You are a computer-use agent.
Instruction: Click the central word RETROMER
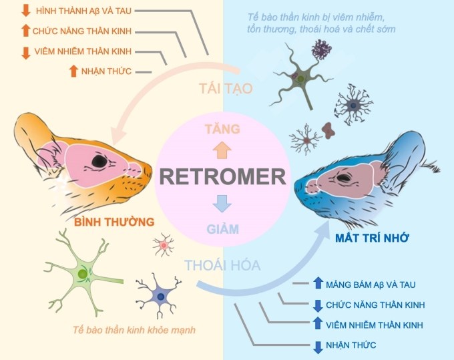pos(224,176)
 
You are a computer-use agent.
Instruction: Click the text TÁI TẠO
pos(226,88)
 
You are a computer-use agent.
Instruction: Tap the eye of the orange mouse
pos(99,161)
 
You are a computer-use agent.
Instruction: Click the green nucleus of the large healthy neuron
pos(82,274)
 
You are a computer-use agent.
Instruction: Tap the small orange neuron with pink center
pos(164,246)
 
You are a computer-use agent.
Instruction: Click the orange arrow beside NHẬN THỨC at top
pos(73,71)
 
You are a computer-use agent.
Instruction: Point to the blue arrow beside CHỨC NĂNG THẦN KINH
pos(318,305)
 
